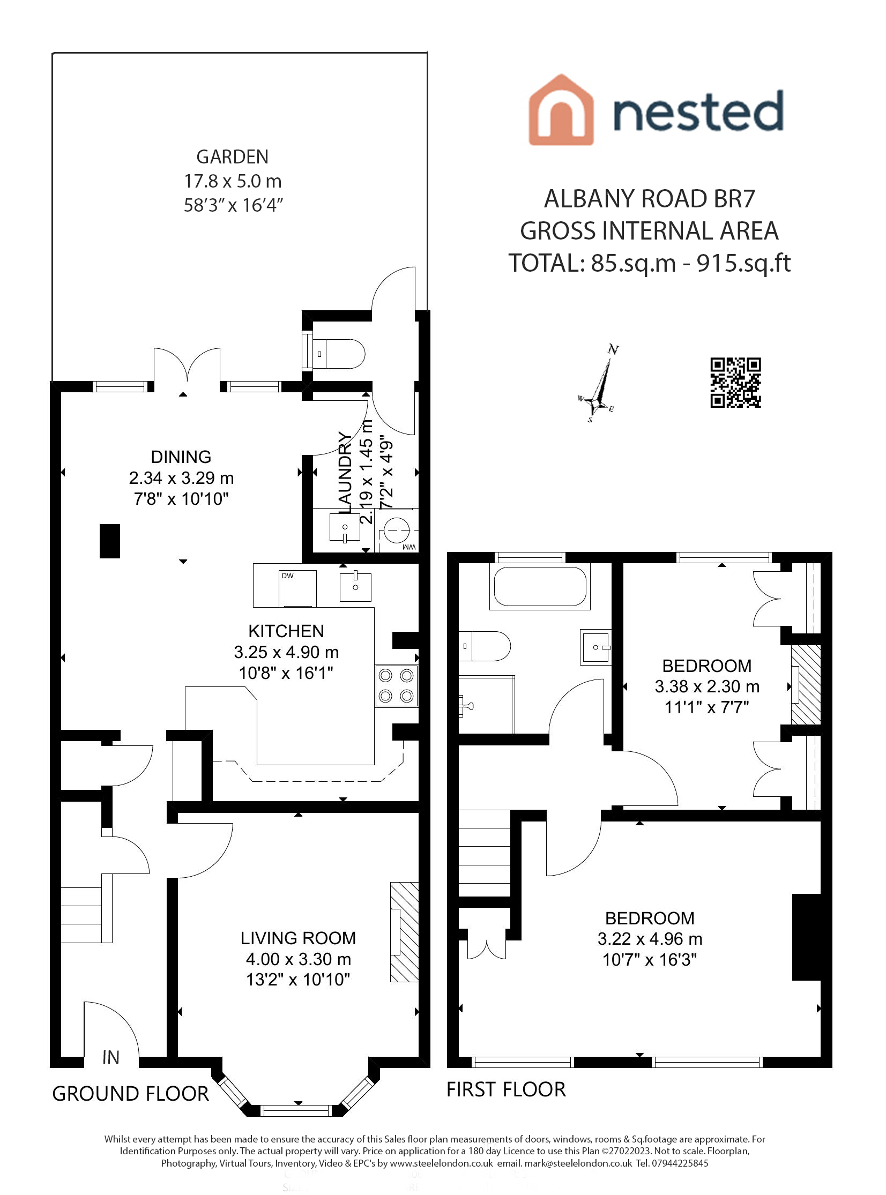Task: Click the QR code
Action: click(735, 382)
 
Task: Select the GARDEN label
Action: click(232, 157)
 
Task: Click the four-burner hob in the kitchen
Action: click(396, 686)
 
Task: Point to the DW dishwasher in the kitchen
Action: click(297, 588)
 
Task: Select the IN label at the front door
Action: click(110, 1058)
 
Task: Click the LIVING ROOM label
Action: click(297, 938)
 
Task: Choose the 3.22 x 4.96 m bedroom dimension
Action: click(650, 939)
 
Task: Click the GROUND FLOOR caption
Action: click(130, 1094)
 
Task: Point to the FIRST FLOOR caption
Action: click(506, 1089)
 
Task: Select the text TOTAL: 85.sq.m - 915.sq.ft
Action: click(649, 263)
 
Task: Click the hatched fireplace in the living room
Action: click(404, 932)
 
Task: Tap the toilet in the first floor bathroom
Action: click(485, 646)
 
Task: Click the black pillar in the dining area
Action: click(110, 541)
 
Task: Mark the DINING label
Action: click(181, 457)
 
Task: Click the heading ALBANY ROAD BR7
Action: click(649, 199)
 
